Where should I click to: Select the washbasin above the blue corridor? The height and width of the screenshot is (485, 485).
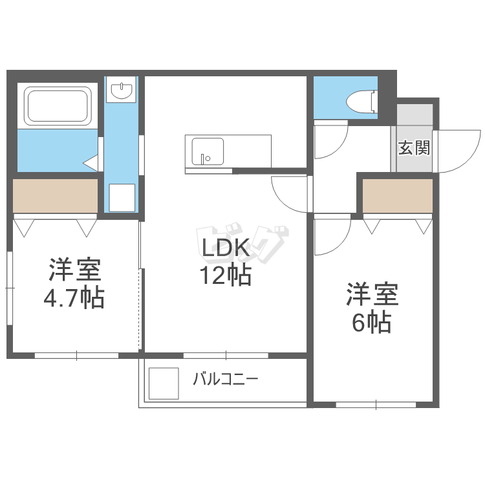(121, 91)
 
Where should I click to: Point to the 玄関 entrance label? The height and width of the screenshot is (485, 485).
(413, 148)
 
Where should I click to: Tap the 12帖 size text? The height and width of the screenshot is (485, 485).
(225, 276)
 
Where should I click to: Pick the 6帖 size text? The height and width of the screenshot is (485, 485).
(371, 321)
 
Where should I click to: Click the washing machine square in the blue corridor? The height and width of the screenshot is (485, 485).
(121, 197)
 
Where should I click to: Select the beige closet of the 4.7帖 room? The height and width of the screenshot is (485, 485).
(55, 195)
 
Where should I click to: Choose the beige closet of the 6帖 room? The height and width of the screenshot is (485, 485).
(397, 195)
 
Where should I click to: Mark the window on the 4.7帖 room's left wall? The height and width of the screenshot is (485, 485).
(9, 288)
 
